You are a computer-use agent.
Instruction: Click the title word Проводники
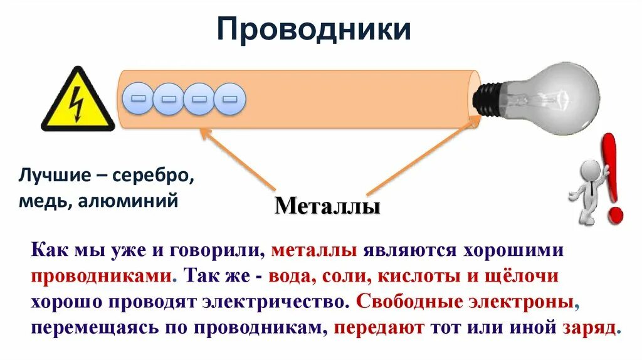coord(313,29)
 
